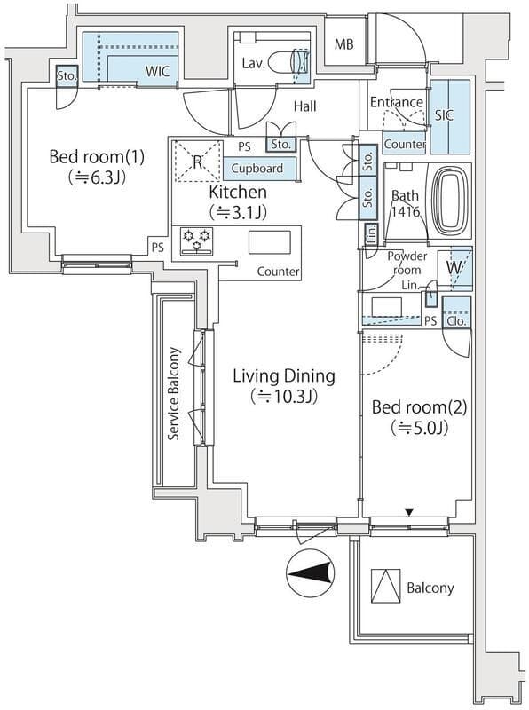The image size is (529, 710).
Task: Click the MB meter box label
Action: click(x=344, y=44)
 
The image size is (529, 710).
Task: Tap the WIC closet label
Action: click(x=158, y=71)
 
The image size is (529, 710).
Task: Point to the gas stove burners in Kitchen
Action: click(x=196, y=240)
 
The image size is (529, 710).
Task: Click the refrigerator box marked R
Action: click(x=199, y=162)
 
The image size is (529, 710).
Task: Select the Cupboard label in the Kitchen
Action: click(x=257, y=169)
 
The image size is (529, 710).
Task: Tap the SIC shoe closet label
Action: click(x=444, y=115)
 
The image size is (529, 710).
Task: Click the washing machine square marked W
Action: click(x=454, y=268)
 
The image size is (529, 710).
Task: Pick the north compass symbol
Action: click(x=311, y=572)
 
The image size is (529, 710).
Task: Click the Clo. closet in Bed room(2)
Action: click(x=456, y=312)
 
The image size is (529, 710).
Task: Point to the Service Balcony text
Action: click(x=174, y=393)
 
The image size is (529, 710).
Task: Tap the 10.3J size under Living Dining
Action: click(x=283, y=397)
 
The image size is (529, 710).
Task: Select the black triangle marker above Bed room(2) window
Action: click(x=409, y=512)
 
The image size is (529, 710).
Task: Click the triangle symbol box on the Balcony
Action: click(x=385, y=586)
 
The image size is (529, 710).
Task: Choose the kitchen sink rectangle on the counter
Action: click(x=270, y=242)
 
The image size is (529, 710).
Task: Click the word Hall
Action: click(x=304, y=106)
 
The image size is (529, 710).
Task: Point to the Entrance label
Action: click(x=397, y=102)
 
